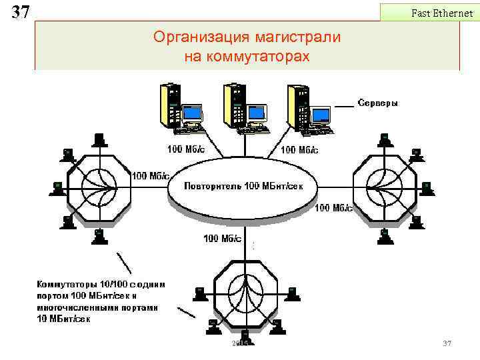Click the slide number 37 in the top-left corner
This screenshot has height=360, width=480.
(21, 11)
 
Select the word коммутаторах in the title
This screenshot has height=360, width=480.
(265, 57)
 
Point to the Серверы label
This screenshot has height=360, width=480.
(377, 103)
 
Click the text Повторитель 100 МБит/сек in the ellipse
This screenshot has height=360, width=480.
(243, 186)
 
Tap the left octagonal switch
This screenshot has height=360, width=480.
(98, 186)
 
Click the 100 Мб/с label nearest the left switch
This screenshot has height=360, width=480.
(150, 176)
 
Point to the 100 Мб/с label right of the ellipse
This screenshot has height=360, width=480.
(333, 208)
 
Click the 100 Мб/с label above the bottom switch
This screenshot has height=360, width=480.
(222, 238)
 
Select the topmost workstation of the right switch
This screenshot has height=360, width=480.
(384, 139)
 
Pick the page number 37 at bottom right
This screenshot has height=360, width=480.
(447, 343)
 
